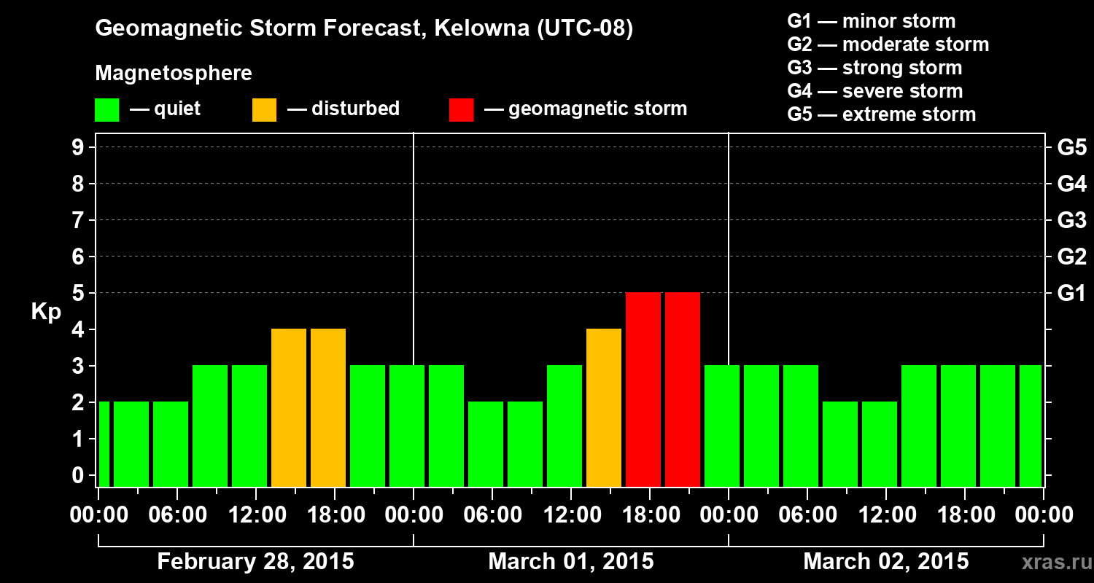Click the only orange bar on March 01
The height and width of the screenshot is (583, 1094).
(604, 407)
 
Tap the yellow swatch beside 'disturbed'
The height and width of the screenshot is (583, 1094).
(264, 109)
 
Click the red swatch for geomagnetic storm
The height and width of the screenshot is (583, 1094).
(461, 109)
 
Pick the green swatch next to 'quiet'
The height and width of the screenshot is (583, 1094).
(106, 109)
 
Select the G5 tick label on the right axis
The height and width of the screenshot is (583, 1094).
(1071, 148)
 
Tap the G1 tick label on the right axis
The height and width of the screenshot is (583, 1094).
(1071, 294)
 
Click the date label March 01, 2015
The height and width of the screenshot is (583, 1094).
(571, 562)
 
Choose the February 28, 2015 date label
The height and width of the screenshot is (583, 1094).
(255, 562)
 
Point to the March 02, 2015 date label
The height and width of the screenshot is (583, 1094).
(886, 562)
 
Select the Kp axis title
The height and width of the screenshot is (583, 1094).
(46, 312)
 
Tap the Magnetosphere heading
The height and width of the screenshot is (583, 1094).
(174, 74)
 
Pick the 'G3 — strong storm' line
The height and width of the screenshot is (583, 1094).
(874, 68)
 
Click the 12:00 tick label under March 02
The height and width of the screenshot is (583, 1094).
(885, 515)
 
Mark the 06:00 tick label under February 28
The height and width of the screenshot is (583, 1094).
(176, 515)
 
